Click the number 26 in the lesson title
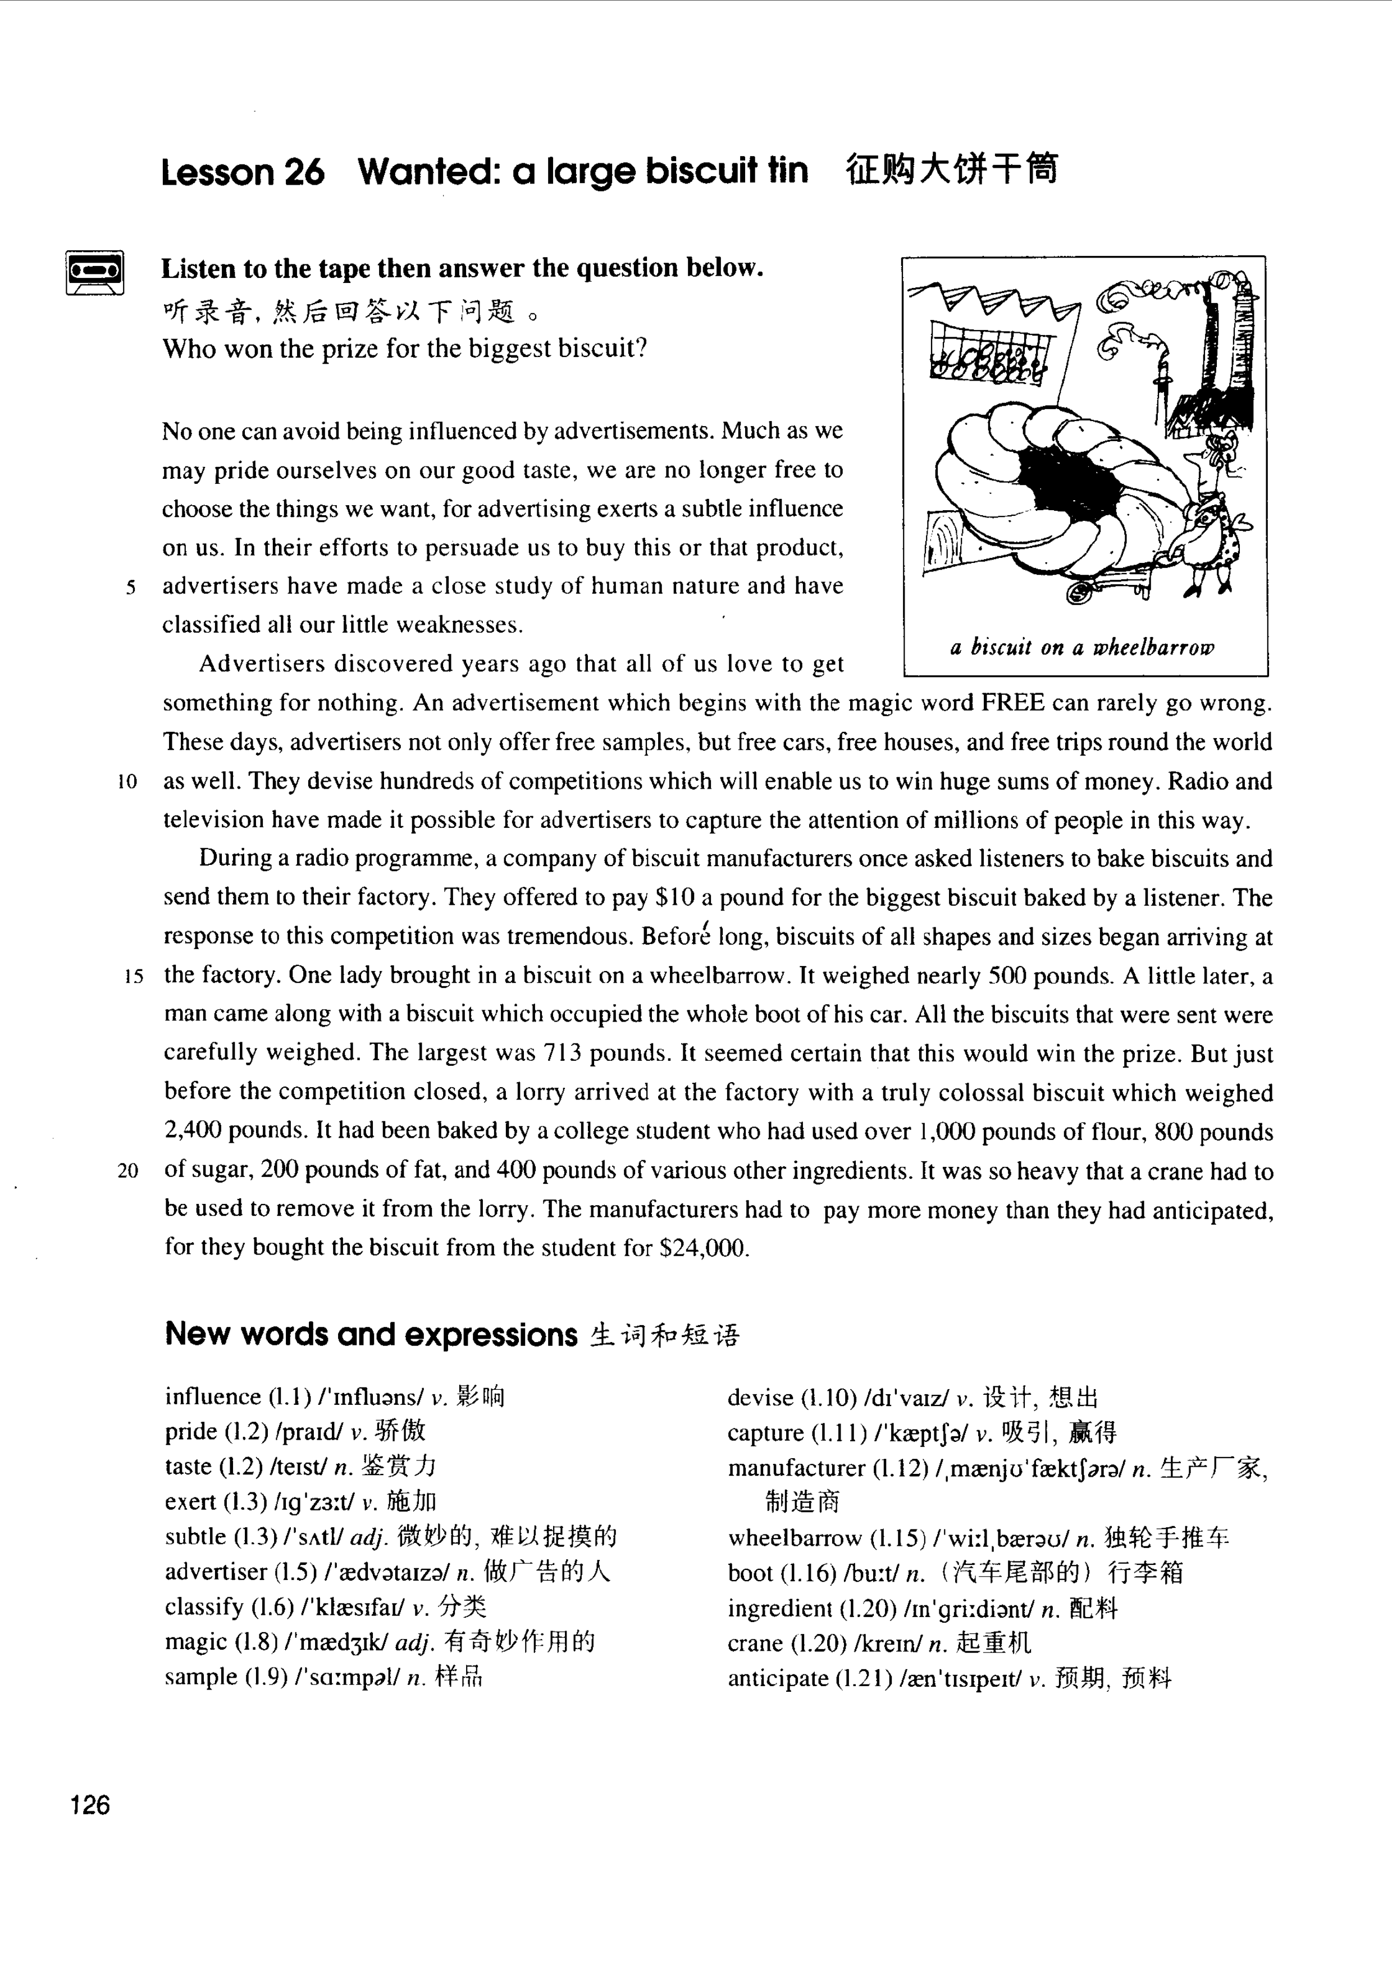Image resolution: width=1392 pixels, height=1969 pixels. pyautogui.click(x=304, y=172)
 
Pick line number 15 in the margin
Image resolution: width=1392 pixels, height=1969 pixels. pyautogui.click(x=133, y=977)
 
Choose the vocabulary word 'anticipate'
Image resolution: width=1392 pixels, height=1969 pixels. pyautogui.click(x=778, y=1678)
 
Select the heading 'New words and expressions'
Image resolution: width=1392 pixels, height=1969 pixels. pyautogui.click(x=371, y=1334)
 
